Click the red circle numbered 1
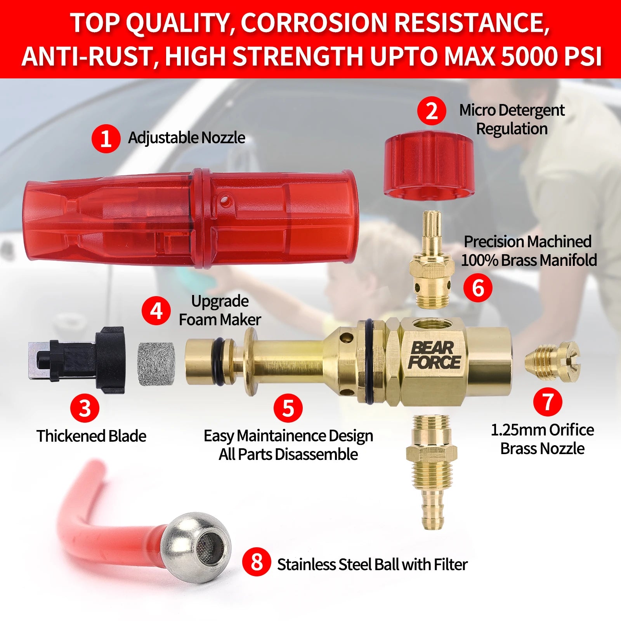106,138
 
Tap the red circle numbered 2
432,111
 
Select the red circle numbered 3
85,408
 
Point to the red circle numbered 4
156,311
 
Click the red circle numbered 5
288,408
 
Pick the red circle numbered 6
478,288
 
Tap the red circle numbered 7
548,402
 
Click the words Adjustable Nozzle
187,138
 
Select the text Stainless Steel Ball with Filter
372,564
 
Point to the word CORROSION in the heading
314,23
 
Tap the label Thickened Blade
92,436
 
